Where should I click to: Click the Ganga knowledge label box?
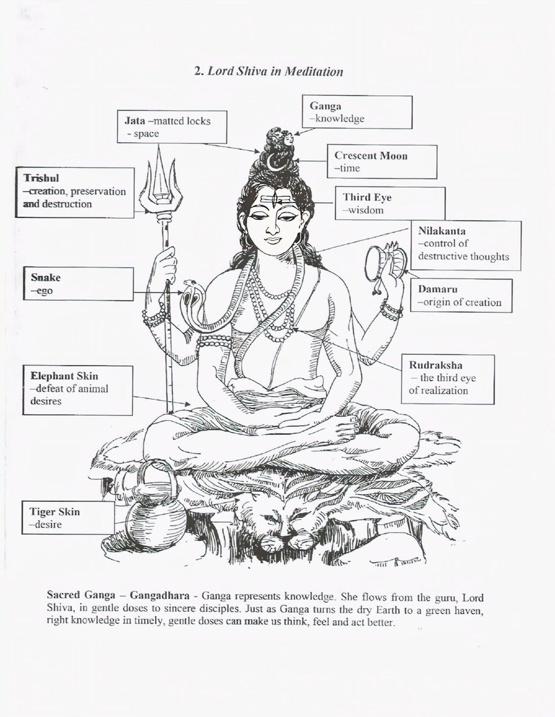coord(357,112)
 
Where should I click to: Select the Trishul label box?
coord(74,192)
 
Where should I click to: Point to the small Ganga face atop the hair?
coord(288,138)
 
